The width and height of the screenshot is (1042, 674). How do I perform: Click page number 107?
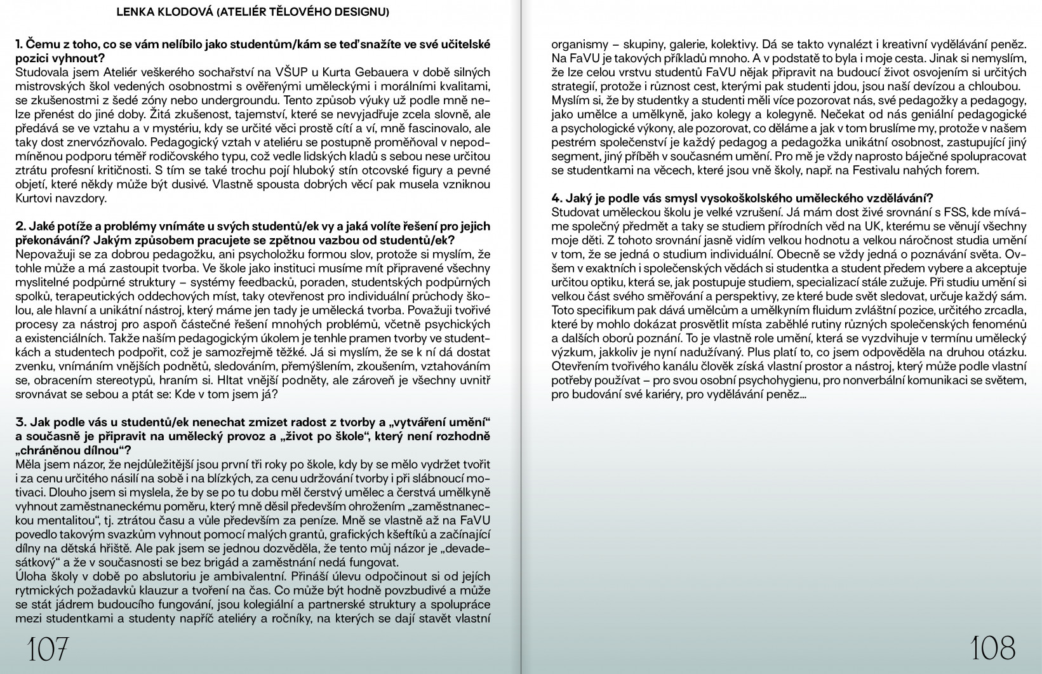(47, 649)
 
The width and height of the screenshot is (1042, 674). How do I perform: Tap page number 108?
(993, 648)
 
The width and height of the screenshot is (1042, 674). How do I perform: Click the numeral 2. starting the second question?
(20, 227)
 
